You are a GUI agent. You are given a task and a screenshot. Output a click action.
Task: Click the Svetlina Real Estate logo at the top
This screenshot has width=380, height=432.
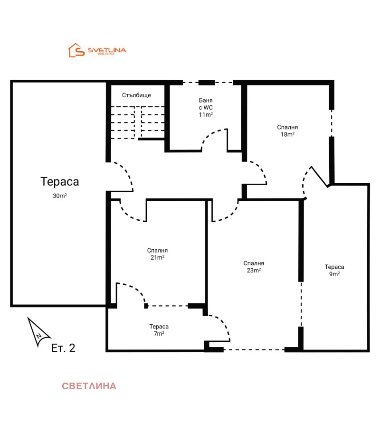click(97, 50)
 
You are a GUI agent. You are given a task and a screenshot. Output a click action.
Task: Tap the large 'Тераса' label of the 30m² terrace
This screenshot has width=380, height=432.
click(59, 181)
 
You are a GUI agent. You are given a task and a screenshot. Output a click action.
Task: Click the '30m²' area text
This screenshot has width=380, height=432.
click(59, 195)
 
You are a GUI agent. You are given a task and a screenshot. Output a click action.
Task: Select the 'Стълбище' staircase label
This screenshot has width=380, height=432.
click(136, 95)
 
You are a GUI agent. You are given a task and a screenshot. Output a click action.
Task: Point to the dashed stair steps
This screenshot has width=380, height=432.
click(137, 122)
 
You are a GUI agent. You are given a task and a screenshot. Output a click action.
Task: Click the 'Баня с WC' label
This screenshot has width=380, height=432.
click(206, 104)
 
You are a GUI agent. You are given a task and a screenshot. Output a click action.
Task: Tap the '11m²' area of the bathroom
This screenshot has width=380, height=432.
click(206, 114)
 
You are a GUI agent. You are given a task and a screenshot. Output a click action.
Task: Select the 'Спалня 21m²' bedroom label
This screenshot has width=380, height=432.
click(157, 254)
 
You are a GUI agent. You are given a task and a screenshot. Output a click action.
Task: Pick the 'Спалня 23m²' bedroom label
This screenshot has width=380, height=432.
click(254, 266)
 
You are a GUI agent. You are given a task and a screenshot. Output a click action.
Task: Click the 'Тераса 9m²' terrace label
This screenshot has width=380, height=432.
click(334, 270)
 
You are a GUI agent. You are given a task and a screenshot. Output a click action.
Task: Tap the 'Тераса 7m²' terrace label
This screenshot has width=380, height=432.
click(159, 330)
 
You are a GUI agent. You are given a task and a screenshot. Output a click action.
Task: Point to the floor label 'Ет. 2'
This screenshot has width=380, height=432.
click(63, 348)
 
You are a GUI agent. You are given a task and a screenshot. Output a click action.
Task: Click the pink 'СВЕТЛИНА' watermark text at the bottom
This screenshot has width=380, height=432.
click(89, 386)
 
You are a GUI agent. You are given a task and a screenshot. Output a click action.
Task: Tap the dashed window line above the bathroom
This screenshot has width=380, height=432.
click(208, 83)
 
